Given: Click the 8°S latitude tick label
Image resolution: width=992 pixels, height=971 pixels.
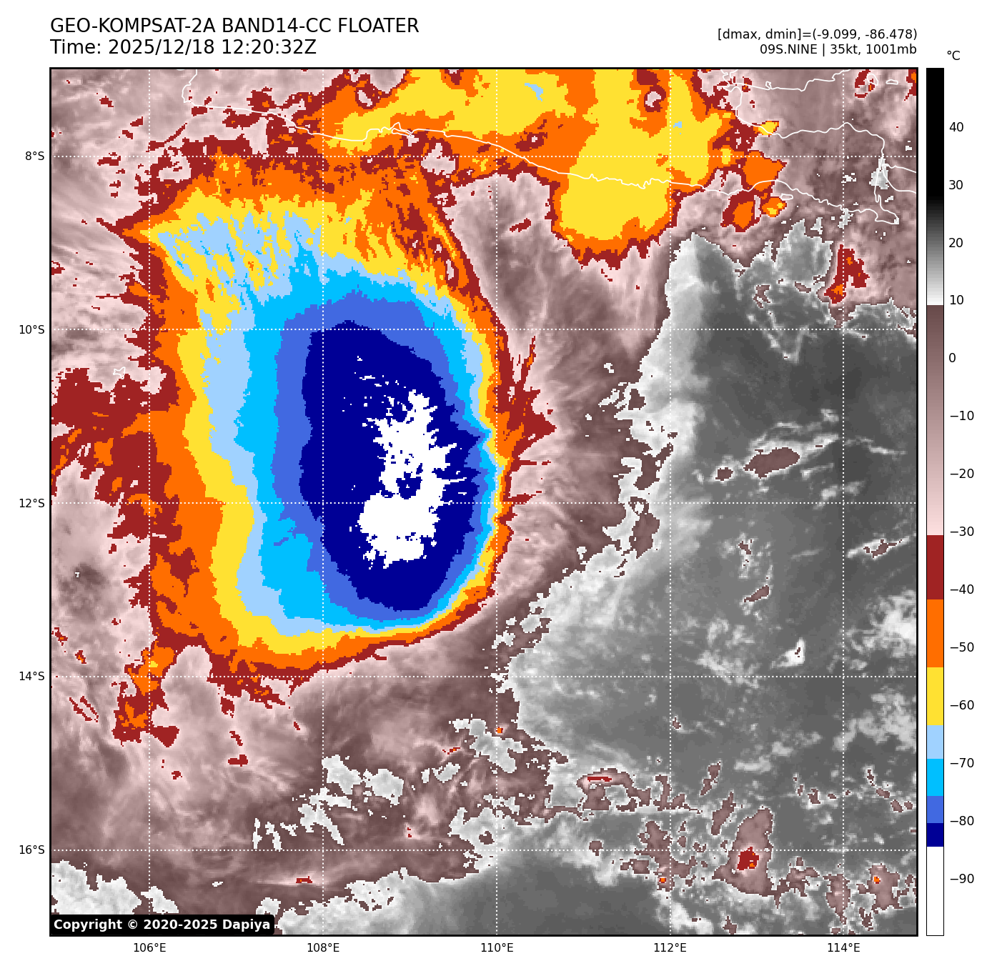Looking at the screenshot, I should coord(34,156).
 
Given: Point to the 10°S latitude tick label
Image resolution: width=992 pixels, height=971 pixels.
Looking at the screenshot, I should coord(31,329).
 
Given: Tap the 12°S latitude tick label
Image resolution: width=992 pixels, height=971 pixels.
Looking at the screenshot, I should coord(31,503).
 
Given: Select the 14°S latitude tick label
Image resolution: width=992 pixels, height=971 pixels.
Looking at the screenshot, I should coord(31,676).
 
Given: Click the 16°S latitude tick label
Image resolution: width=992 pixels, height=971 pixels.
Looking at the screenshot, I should coord(31,850).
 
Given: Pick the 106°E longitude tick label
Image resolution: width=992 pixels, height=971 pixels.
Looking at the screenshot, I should coord(149,948).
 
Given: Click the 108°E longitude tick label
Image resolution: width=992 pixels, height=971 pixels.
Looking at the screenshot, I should coord(323,948).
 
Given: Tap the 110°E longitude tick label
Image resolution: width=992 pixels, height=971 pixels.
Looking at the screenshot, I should coord(497,948).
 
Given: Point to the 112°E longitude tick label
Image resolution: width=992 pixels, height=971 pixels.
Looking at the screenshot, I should coord(670,948).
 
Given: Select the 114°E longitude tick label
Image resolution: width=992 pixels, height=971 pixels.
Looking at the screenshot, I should coord(843,948).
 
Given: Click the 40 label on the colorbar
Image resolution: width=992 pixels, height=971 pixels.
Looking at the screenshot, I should coord(956,127).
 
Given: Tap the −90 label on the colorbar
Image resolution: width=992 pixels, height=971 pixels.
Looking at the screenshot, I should coord(961,879).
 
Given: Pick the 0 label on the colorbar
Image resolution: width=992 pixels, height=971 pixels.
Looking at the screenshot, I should coord(952,358).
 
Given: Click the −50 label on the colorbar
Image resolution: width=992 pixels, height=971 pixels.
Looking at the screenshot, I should coord(961,647).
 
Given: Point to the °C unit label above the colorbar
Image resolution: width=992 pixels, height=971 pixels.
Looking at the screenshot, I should coord(953,56).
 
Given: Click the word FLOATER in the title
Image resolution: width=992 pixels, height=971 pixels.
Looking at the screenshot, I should coord(378,26).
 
